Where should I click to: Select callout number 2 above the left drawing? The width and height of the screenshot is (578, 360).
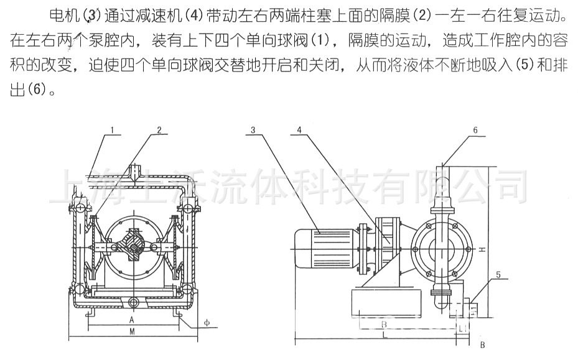[159, 131]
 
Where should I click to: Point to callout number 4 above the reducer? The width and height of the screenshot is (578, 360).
[300, 131]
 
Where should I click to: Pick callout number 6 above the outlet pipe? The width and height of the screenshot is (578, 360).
[475, 131]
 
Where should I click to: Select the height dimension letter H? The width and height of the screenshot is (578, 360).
[483, 249]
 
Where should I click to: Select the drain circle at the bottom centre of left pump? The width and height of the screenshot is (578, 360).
[133, 302]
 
